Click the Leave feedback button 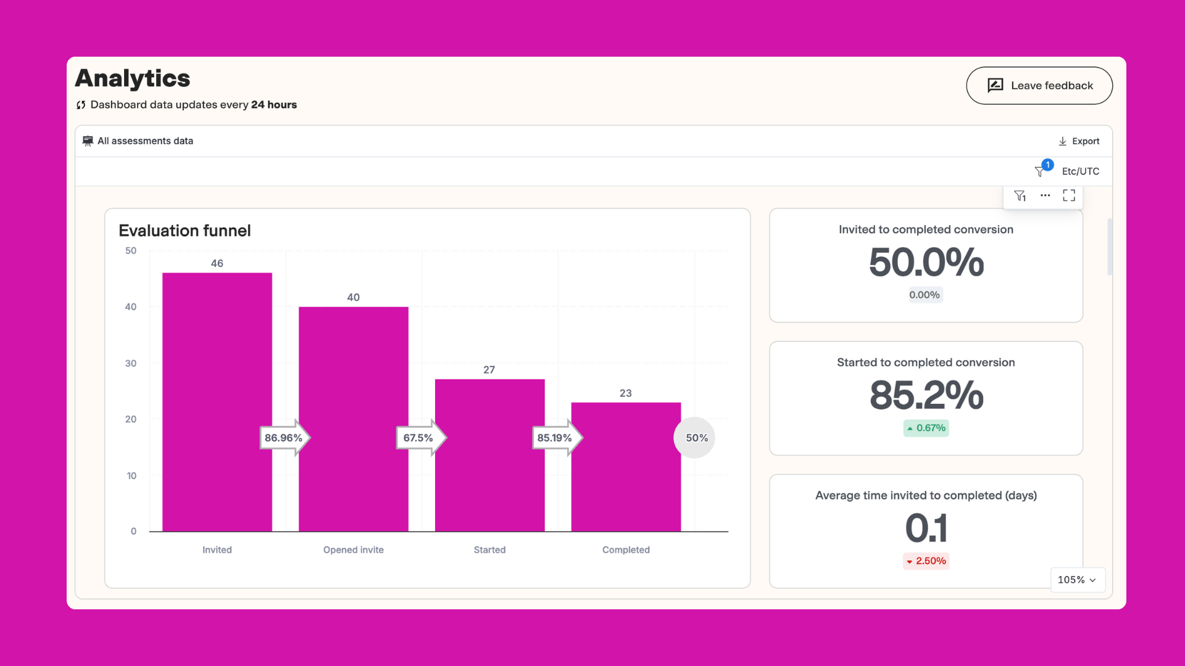[1039, 86]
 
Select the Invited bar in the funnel [217, 370]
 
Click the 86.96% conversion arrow [284, 438]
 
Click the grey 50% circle [695, 438]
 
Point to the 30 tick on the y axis [131, 363]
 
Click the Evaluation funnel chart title [185, 231]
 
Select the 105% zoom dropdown [1077, 580]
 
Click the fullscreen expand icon [1069, 195]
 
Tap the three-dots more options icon [1045, 195]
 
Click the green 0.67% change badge [926, 428]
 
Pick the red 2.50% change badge [926, 561]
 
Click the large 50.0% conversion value [926, 263]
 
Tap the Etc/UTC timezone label [1080, 171]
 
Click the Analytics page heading [133, 78]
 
